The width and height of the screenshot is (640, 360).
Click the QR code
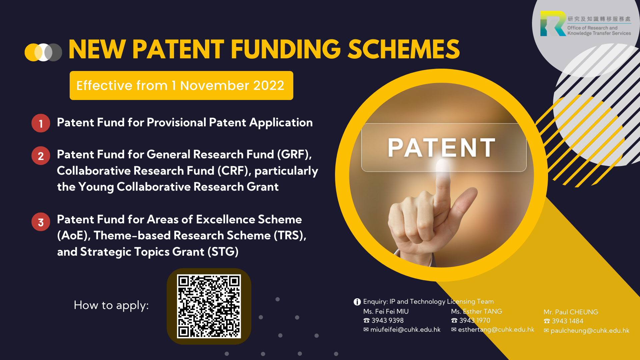point(209,306)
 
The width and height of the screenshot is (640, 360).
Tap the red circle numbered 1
point(41,123)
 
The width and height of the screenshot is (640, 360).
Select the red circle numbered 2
point(41,156)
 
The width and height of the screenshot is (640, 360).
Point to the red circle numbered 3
point(41,222)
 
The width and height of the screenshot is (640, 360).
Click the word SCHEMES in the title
point(404,49)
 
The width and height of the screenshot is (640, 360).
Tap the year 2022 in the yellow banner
point(269,86)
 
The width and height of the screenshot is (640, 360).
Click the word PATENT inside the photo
point(442,147)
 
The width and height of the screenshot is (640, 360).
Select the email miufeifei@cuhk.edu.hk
point(405,330)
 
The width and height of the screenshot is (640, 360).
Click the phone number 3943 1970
point(475,320)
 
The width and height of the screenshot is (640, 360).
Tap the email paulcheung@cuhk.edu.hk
point(590,331)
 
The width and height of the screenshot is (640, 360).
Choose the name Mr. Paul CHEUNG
point(571,312)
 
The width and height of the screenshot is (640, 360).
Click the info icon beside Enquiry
point(357,302)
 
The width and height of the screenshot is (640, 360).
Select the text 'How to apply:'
point(111,305)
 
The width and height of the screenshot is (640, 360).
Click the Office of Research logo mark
point(553,23)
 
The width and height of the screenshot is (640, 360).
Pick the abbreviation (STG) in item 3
point(223,252)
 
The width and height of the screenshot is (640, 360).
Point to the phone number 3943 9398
point(387,320)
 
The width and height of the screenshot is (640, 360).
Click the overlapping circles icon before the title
point(43,52)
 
